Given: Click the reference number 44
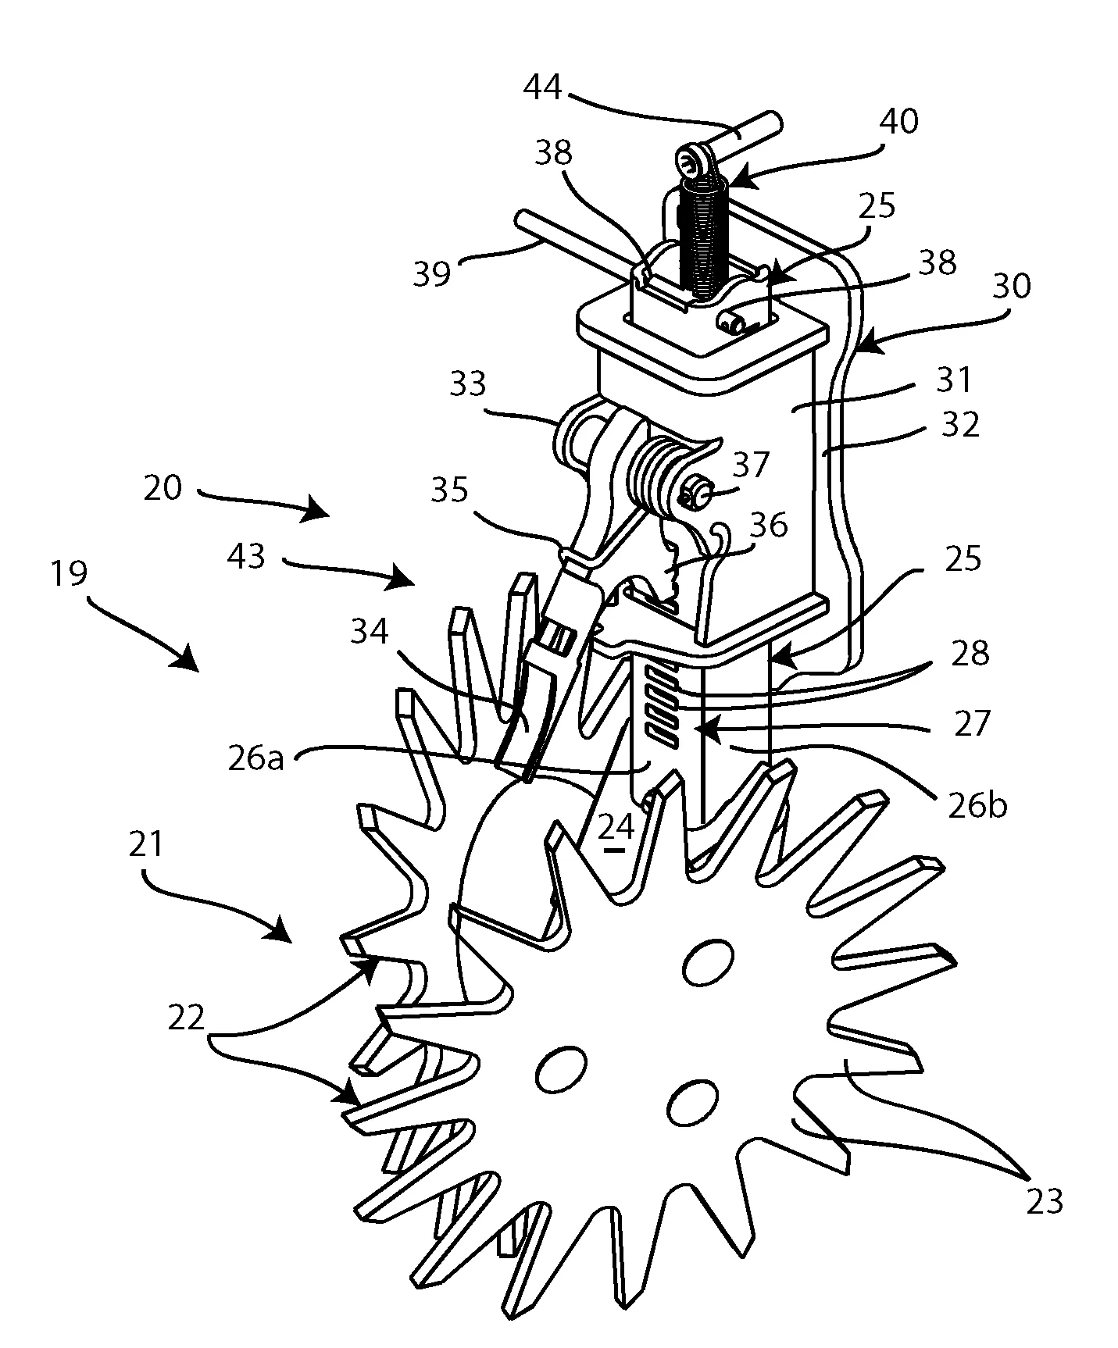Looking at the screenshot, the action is [541, 87].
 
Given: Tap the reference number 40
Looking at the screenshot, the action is [898, 123].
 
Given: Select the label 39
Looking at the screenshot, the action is [431, 274].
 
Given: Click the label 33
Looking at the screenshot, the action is [467, 384].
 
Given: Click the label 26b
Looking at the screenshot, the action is [977, 805].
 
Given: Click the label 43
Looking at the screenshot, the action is [248, 557].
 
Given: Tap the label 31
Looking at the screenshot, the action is [953, 380].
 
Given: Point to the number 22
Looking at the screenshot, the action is [187, 1018].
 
